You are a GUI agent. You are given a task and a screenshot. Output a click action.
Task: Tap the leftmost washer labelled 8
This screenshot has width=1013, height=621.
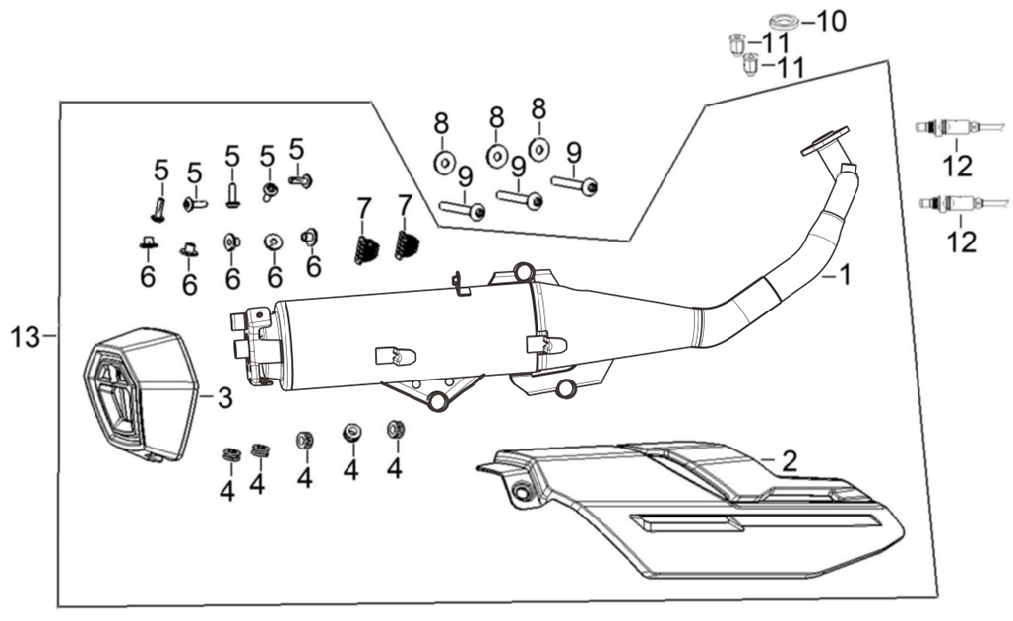444,160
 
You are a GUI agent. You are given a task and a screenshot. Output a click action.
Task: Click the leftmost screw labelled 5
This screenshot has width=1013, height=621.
158,207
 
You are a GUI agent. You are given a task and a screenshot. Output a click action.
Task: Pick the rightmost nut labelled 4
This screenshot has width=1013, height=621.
396,429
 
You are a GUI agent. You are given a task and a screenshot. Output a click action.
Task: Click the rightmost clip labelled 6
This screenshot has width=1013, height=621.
309,236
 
